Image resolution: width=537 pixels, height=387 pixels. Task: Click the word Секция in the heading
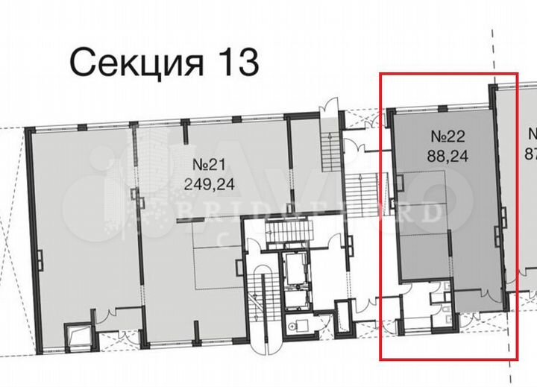[135, 63]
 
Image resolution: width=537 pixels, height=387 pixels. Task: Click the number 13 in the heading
[237, 63]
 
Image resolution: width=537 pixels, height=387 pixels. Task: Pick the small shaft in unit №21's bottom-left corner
[78, 336]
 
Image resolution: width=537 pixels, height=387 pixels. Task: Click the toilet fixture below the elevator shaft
[298, 326]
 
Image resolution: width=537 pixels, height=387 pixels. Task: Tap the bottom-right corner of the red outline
[516, 359]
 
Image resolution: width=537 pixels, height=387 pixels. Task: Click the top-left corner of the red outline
[381, 74]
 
